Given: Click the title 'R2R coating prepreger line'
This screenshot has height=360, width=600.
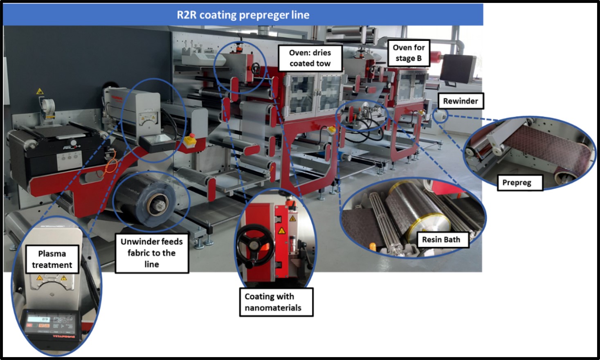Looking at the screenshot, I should coord(243,15).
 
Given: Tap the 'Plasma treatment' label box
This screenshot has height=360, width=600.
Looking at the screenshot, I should coord(52,259).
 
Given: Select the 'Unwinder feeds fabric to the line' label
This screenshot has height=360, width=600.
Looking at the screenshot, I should coord(152,253).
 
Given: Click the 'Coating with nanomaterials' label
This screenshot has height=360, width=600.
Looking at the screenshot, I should coord(276,302).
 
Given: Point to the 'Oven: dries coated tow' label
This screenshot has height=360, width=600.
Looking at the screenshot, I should coord(310,58).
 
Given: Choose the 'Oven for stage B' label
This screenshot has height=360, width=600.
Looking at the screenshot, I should coord(409,53).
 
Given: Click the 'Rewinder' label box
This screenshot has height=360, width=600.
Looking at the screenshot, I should coord(460,101).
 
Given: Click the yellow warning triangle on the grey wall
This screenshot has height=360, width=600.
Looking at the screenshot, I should coord(40,91).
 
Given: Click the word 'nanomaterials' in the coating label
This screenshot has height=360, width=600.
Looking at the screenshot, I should coord(273,308).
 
